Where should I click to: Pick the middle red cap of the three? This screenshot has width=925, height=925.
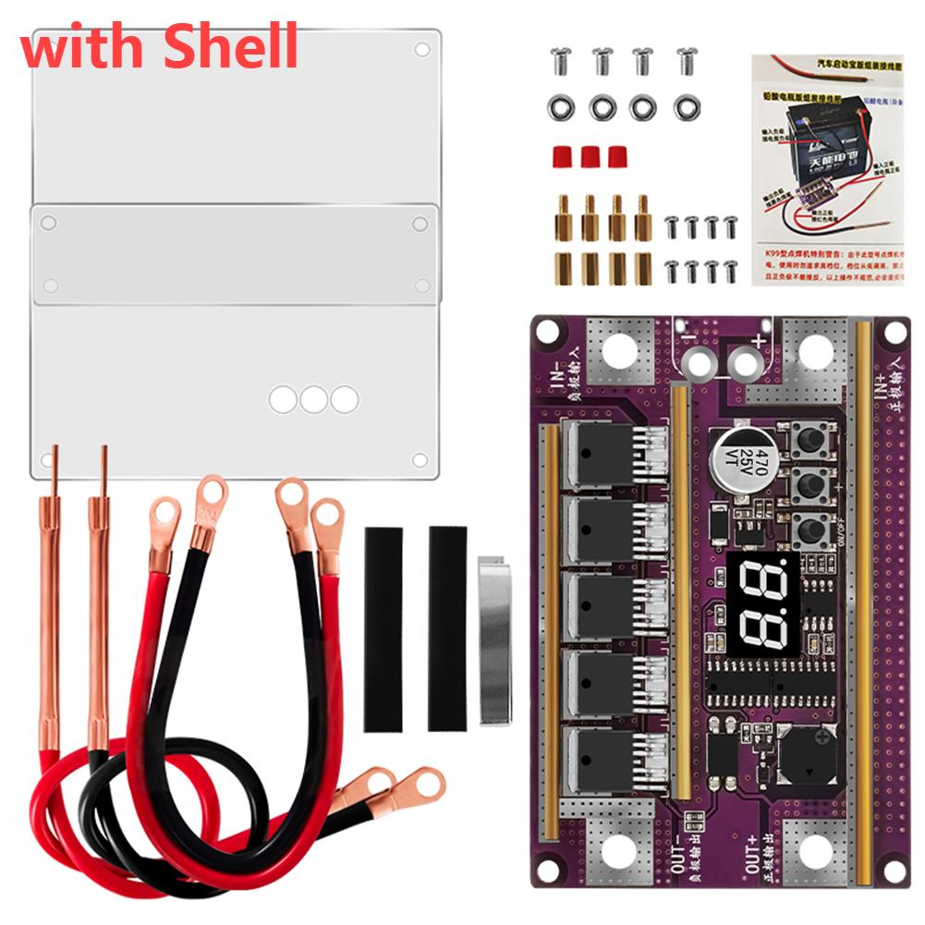(590, 155)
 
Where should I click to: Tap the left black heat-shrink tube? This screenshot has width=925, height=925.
(383, 628)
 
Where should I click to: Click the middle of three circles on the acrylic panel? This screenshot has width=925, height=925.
(313, 399)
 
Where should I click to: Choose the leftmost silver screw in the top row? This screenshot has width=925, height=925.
(559, 62)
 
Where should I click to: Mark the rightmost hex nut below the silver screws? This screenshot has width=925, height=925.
(686, 108)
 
